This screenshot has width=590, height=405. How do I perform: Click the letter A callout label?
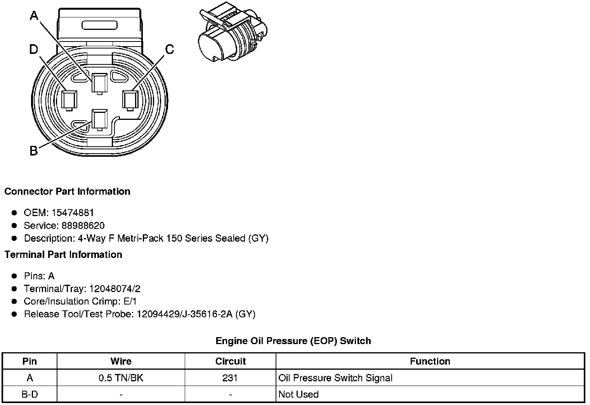pos(34,16)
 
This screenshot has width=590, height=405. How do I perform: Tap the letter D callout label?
pos(34,49)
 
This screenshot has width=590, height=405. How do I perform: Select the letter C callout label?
pos(170,49)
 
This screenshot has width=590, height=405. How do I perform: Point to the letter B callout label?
pos(34,151)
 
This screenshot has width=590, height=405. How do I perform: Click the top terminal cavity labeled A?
pos(99,84)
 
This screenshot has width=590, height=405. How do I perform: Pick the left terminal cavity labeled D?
pos(69,100)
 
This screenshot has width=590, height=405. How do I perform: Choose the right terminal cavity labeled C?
pos(130,100)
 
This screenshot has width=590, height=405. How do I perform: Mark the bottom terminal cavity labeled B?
pos(99,120)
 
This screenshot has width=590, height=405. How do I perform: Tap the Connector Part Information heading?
pos(68,192)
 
